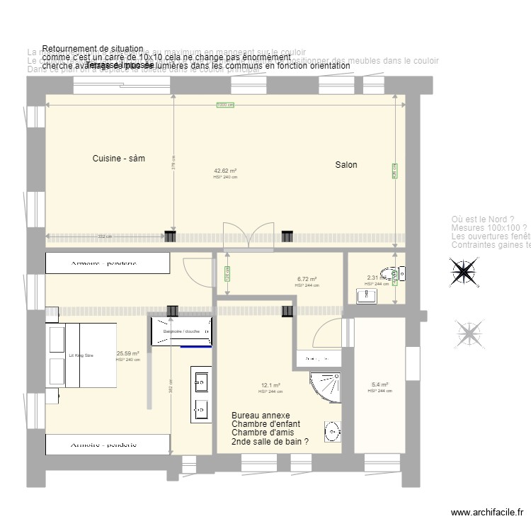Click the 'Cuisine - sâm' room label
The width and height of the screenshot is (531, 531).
point(118,159)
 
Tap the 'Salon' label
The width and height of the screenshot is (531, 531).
point(346,165)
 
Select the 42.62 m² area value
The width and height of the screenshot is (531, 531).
point(225,171)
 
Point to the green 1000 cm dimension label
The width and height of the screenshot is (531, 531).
point(225,105)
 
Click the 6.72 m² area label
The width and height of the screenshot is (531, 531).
point(307,280)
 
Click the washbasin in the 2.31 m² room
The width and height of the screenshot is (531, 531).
point(366,296)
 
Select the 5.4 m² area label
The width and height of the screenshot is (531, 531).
point(379,386)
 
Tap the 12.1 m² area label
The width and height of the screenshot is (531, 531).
point(270,386)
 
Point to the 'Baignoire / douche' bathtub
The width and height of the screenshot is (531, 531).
point(181,332)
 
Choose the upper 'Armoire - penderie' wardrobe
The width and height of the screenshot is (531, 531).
point(108,263)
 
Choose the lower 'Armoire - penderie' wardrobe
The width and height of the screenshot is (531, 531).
point(108,445)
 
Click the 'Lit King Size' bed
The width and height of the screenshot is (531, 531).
point(81,355)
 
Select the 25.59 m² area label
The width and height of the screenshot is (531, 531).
point(128,353)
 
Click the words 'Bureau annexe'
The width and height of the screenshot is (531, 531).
point(261,416)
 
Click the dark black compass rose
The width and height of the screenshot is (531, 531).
point(464,272)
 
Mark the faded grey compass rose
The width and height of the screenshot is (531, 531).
point(468,334)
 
